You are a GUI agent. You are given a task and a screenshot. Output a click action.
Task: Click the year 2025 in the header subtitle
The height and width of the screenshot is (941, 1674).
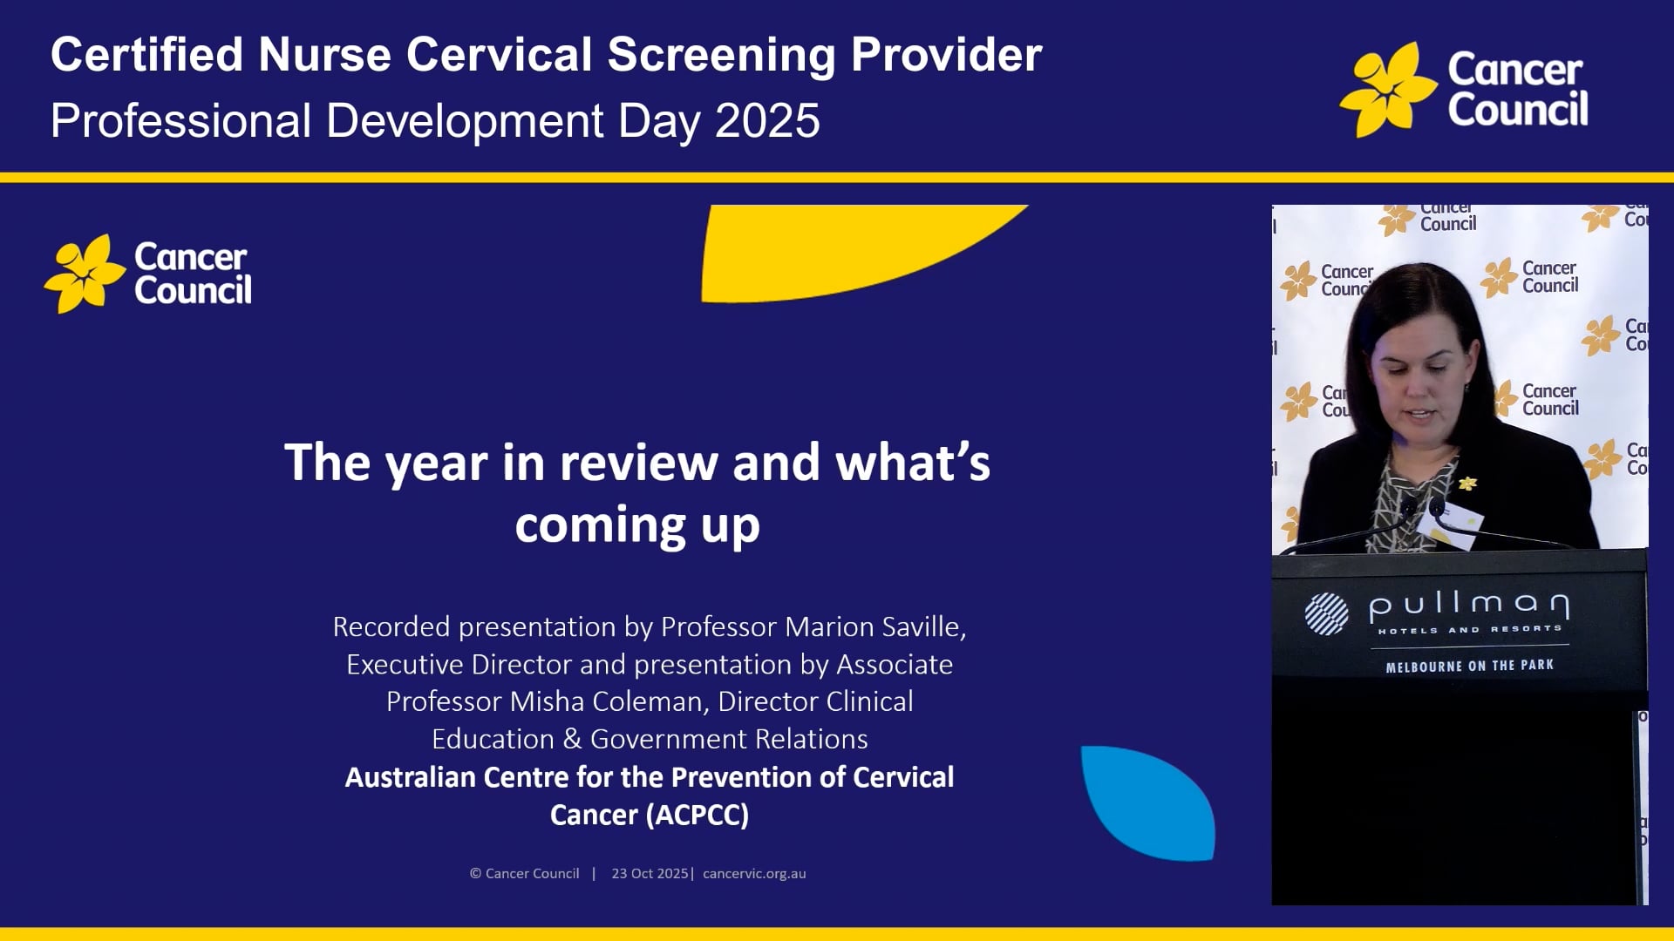[767, 120]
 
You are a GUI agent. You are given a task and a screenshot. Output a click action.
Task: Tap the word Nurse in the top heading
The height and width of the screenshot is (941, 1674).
[324, 55]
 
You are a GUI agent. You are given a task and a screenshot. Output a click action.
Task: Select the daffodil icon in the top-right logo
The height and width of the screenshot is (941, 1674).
[1388, 90]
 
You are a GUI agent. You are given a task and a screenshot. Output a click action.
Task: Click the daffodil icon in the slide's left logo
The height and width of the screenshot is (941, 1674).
[85, 274]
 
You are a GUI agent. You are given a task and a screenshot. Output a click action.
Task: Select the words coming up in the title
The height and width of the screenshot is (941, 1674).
[637, 525]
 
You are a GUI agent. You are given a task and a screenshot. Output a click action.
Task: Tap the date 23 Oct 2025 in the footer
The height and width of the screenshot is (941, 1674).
[650, 873]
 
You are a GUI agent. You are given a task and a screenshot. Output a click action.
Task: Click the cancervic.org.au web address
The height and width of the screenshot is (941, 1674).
[754, 873]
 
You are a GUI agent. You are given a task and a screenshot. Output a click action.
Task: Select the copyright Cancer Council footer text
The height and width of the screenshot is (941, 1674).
[524, 873]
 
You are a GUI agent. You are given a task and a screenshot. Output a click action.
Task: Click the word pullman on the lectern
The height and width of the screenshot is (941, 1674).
[1469, 605]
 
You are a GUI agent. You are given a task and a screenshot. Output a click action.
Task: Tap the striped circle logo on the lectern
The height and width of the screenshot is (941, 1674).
[1326, 613]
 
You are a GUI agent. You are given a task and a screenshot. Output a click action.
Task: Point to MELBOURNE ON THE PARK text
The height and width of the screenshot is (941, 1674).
[1469, 666]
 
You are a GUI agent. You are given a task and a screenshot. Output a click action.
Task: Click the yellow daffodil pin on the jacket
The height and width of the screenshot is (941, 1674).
[1468, 483]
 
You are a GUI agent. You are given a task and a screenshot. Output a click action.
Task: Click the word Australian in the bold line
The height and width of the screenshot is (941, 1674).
[410, 777]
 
